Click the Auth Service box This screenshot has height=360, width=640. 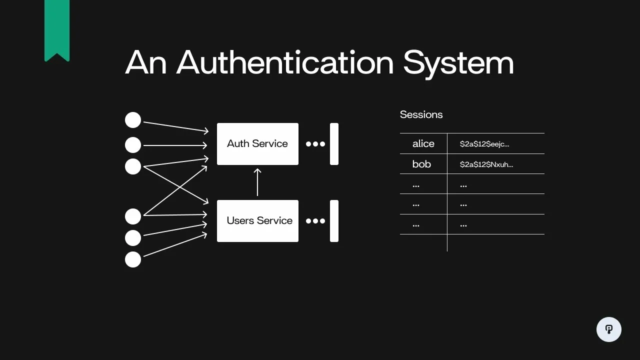[x=257, y=144]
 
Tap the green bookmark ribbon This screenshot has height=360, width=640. [x=57, y=27]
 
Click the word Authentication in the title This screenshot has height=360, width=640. [x=285, y=63]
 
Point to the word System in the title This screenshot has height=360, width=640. [x=458, y=63]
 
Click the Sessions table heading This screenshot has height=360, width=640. [x=421, y=114]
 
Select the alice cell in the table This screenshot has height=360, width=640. [x=423, y=144]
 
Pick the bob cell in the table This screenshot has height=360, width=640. [x=421, y=164]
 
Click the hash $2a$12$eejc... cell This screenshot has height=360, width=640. [x=484, y=144]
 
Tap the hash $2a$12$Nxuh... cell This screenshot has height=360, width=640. [x=486, y=164]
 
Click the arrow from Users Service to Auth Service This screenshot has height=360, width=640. [x=257, y=182]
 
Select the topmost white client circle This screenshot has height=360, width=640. [x=133, y=120]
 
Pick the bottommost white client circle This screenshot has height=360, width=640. [x=133, y=259]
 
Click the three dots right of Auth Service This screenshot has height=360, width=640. [x=315, y=144]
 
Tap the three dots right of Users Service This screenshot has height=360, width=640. [x=315, y=221]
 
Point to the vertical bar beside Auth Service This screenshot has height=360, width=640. [x=334, y=144]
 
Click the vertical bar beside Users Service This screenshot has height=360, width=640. [x=334, y=221]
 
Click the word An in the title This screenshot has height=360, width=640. [x=145, y=63]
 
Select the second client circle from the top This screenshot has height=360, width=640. [x=133, y=145]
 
